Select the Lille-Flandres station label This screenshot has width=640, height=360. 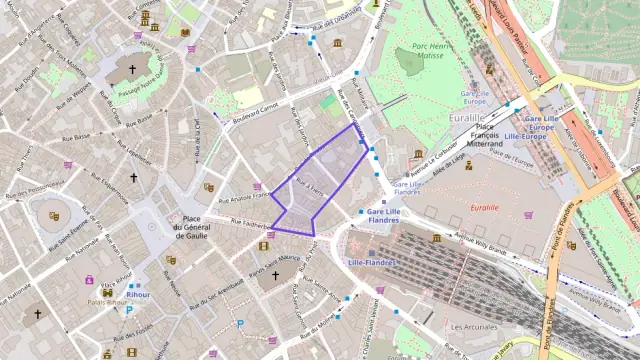coord(372,262)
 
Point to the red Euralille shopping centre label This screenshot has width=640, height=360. coord(484,207)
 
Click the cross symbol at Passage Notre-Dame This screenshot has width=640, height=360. coord(133,71)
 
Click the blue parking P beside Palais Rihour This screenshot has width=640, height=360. coord(128,310)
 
